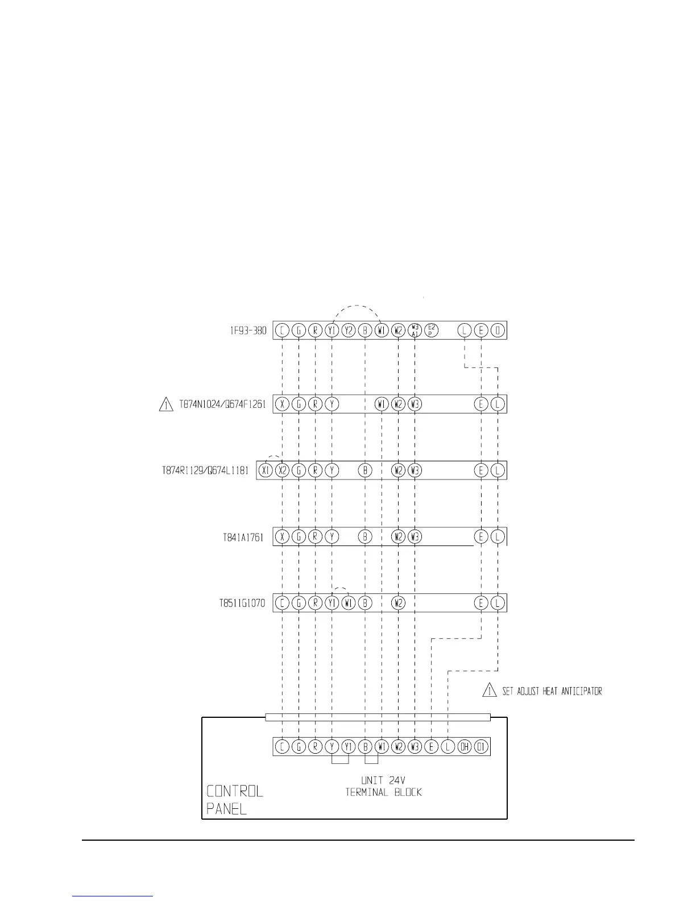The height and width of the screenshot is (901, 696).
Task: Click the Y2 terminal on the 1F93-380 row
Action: [349, 330]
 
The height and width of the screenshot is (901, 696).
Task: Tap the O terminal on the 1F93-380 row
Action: [498, 330]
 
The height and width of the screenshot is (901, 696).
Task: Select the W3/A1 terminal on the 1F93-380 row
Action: [415, 330]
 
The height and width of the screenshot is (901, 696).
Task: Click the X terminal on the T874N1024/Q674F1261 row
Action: [282, 404]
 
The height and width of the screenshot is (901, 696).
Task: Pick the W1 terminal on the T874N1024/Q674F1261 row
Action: [382, 404]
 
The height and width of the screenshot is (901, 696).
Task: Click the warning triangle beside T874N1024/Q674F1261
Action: [165, 405]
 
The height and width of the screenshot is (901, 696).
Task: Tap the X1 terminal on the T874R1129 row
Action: [266, 470]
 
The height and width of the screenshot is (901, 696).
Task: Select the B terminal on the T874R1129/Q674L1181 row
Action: [365, 470]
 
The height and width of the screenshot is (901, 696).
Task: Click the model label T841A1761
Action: [243, 537]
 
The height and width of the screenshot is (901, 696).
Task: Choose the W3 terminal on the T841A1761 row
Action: [415, 536]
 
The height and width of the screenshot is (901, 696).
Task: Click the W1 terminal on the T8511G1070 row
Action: [349, 603]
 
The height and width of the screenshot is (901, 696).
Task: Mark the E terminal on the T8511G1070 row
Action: [481, 603]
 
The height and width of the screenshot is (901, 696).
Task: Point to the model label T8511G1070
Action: [242, 603]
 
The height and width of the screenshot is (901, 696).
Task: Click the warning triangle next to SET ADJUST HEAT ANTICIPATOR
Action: [489, 691]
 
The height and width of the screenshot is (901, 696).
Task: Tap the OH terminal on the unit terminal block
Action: [465, 747]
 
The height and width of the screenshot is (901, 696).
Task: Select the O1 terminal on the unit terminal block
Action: [481, 747]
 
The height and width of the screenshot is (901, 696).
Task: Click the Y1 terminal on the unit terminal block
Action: [349, 747]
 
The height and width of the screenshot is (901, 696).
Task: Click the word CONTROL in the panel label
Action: [235, 791]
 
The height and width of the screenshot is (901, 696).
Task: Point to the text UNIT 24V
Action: [383, 780]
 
